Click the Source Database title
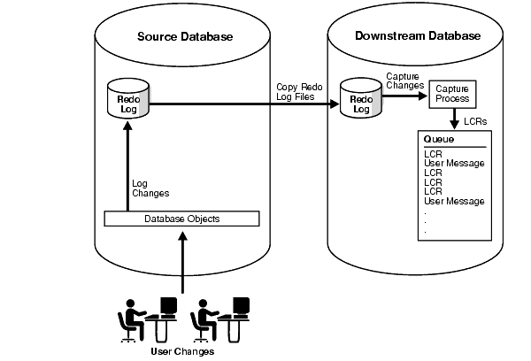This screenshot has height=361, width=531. [185, 36]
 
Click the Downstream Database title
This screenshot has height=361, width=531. [418, 36]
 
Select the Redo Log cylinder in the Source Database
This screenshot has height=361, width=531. [127, 101]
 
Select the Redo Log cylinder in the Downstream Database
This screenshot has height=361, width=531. [360, 101]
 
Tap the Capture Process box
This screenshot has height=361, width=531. [453, 94]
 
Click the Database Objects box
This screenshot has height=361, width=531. [181, 219]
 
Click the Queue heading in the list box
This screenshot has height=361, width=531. [439, 140]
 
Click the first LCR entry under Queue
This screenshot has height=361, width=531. [433, 153]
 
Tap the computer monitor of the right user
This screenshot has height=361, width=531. [239, 306]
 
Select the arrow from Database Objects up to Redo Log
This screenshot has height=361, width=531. [127, 168]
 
